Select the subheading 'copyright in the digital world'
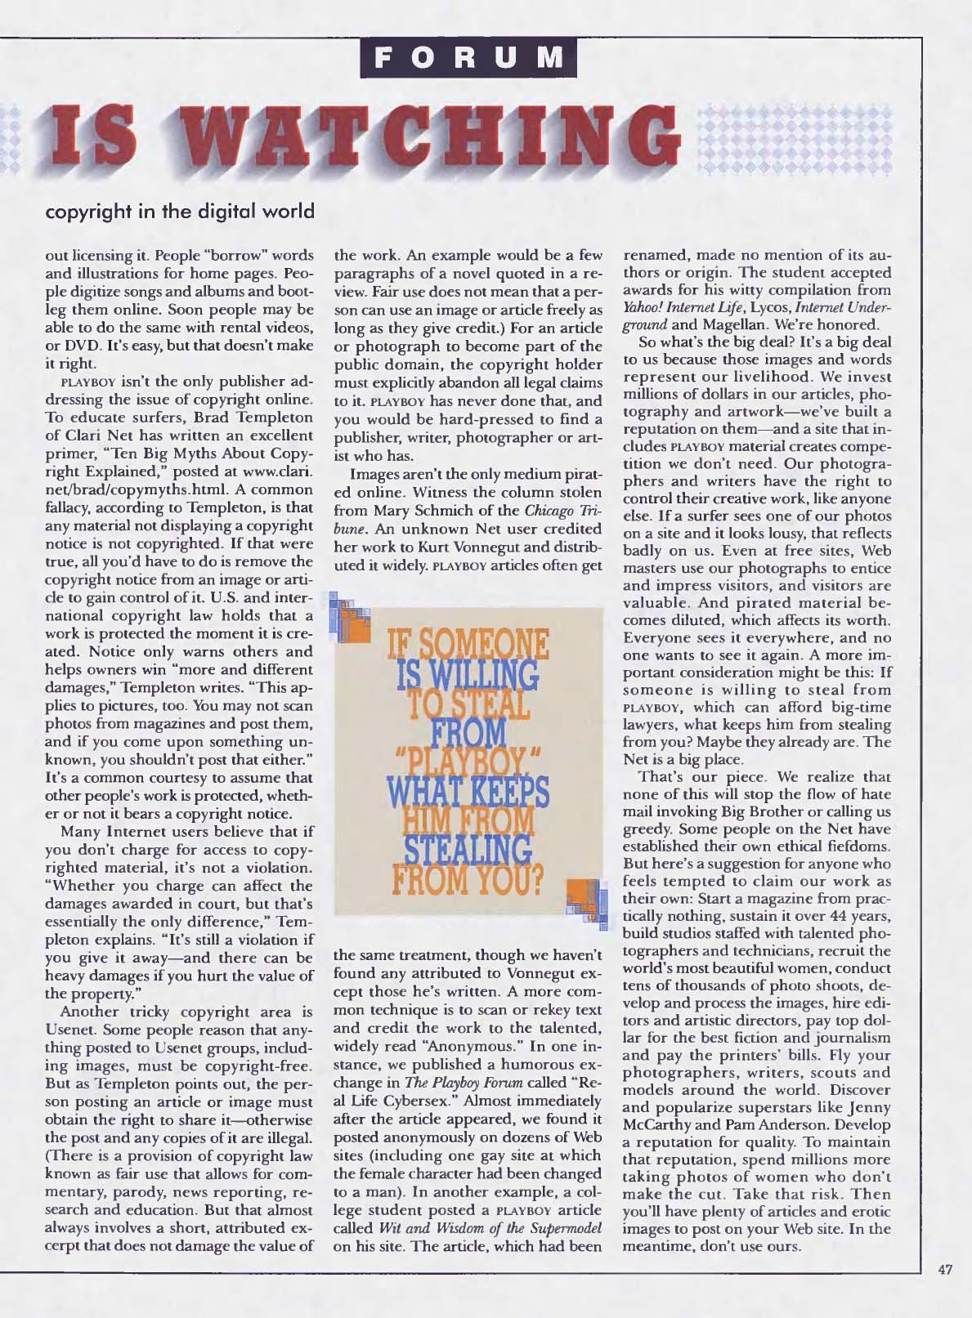click(180, 211)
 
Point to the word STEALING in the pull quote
click(469, 847)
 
